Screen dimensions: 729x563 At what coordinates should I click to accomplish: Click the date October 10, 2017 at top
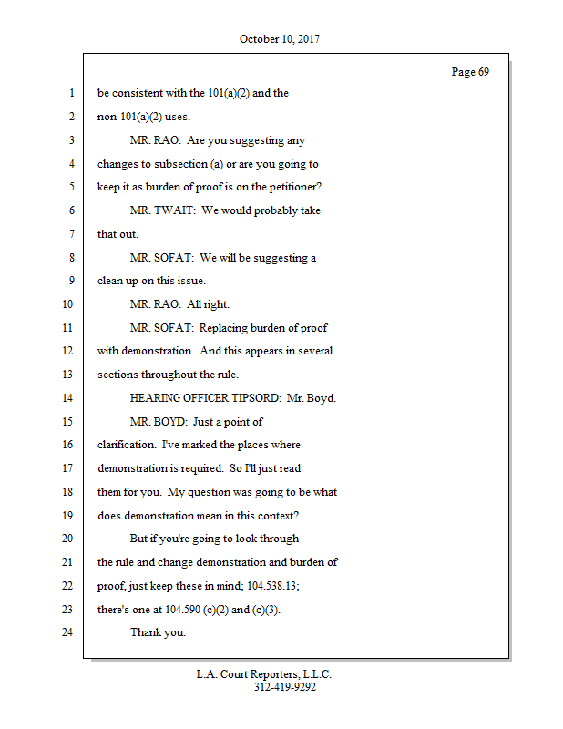click(x=280, y=39)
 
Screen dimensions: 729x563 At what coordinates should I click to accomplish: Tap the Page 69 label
click(x=470, y=72)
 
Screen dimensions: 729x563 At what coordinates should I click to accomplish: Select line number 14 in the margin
click(x=69, y=398)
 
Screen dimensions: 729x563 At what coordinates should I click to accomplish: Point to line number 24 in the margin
click(x=69, y=631)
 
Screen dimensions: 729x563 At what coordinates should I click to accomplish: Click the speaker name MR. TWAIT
click(x=161, y=210)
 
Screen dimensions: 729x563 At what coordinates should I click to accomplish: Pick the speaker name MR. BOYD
click(x=159, y=422)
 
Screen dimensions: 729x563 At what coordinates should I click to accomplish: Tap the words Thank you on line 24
click(x=158, y=631)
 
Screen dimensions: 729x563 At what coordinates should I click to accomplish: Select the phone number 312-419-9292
click(x=284, y=688)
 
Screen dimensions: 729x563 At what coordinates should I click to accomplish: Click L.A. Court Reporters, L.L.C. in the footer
click(x=264, y=674)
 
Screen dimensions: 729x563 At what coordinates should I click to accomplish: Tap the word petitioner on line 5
click(x=296, y=187)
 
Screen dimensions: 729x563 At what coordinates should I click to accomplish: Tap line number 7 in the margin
click(x=70, y=234)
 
